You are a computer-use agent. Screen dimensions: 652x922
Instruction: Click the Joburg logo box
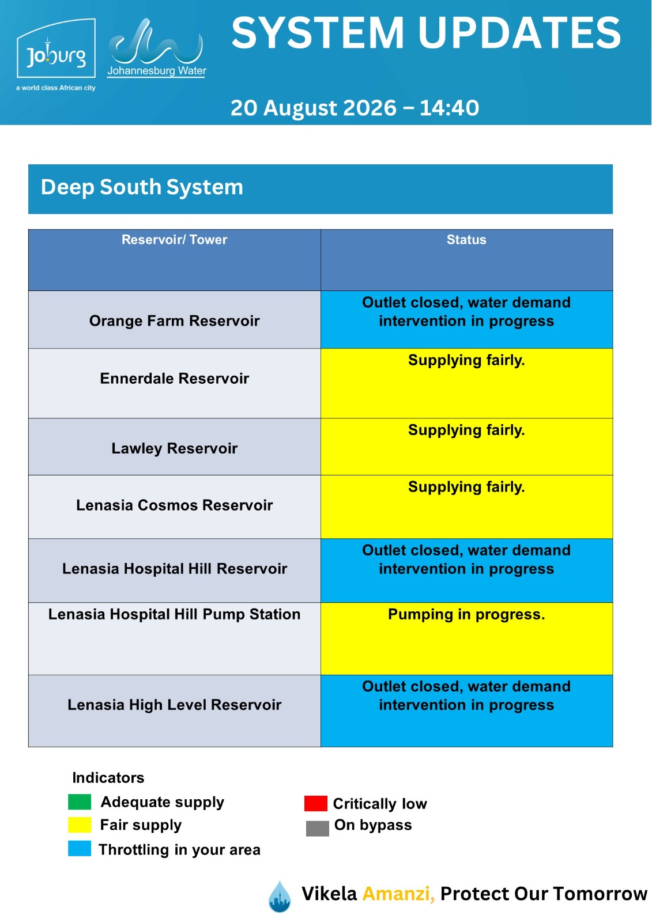pyautogui.click(x=56, y=48)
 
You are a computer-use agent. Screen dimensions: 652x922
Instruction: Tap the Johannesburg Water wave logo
pyautogui.click(x=156, y=47)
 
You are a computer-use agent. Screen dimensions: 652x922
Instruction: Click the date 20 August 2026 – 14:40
pyautogui.click(x=355, y=108)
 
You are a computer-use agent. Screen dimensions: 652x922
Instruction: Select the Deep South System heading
pyautogui.click(x=142, y=187)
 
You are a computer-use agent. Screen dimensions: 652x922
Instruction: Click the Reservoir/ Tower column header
pyautogui.click(x=174, y=240)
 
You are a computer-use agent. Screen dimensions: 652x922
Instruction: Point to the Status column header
pyautogui.click(x=466, y=240)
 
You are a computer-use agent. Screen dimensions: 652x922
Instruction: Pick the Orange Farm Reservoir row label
pyautogui.click(x=174, y=320)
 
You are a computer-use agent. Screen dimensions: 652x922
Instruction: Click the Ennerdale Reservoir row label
pyautogui.click(x=174, y=378)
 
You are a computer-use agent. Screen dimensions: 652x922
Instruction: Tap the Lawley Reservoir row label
pyautogui.click(x=174, y=448)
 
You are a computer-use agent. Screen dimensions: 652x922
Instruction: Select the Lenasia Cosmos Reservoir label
pyautogui.click(x=174, y=505)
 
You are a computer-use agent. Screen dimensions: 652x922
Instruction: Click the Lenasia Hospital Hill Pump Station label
pyautogui.click(x=174, y=614)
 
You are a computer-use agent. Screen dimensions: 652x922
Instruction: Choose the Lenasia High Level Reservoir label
pyautogui.click(x=174, y=705)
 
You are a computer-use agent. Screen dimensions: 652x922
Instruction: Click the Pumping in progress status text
pyautogui.click(x=466, y=614)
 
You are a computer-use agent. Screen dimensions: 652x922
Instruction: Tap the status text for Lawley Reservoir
pyautogui.click(x=466, y=430)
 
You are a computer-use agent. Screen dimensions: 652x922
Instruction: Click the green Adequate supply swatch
pyautogui.click(x=80, y=802)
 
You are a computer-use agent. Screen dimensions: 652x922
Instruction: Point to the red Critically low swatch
pyautogui.click(x=315, y=803)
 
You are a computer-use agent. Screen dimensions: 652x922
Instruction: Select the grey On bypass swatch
pyautogui.click(x=317, y=829)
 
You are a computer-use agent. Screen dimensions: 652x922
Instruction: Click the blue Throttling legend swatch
pyautogui.click(x=80, y=849)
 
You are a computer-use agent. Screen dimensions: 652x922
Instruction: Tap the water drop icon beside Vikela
pyautogui.click(x=280, y=897)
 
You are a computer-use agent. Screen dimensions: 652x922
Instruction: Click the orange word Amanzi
pyautogui.click(x=398, y=894)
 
